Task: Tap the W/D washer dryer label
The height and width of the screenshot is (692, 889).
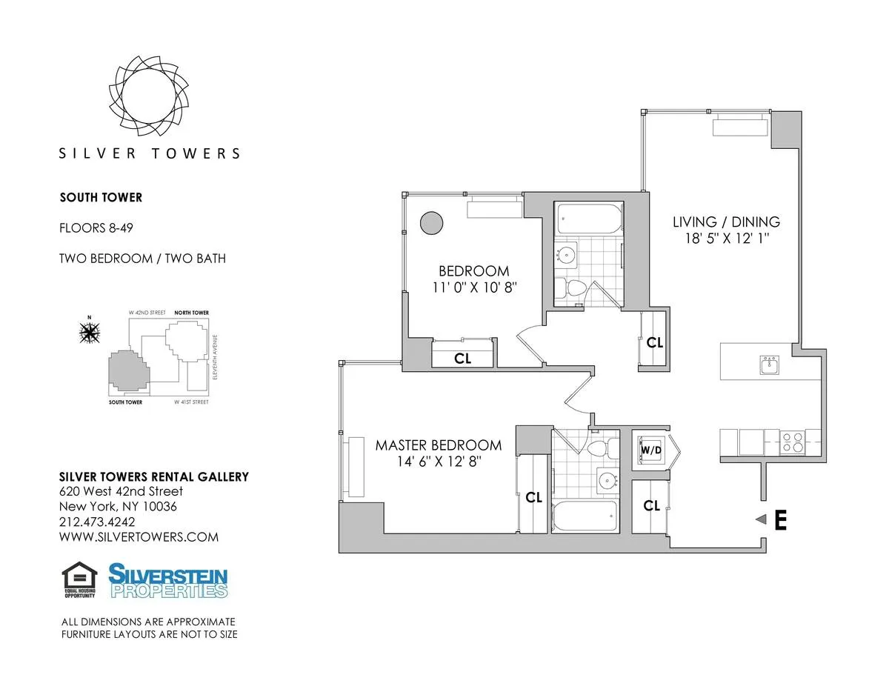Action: [x=650, y=449]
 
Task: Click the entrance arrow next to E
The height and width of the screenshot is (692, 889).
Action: [x=759, y=521]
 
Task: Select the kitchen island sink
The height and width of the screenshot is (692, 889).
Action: [x=770, y=365]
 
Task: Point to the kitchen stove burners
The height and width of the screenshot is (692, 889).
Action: [x=793, y=442]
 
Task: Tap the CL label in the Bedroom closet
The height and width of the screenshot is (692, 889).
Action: [x=463, y=359]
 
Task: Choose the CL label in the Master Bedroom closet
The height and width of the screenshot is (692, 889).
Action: [x=533, y=498]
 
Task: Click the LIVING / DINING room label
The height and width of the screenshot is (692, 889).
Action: [x=726, y=222]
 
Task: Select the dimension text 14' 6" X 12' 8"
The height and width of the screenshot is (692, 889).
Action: [x=438, y=462]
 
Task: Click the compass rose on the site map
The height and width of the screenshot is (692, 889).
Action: [x=90, y=333]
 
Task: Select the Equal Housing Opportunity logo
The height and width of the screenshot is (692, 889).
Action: [x=79, y=580]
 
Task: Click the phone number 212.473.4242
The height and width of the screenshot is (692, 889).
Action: [x=96, y=522]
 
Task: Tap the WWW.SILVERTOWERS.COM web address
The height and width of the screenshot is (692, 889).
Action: [x=139, y=537]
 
